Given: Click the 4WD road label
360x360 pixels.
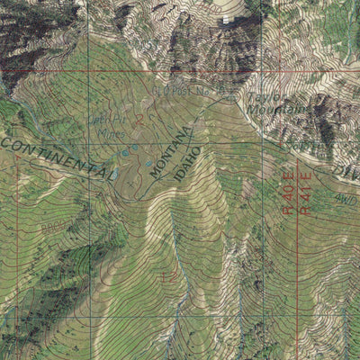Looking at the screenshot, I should (346, 200).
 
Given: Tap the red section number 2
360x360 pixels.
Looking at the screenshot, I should (140, 117).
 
